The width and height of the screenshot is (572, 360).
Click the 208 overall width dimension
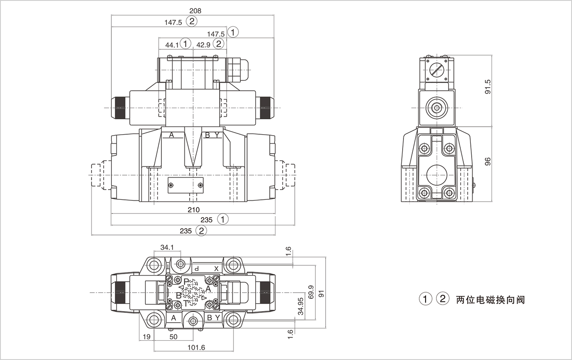(195, 11)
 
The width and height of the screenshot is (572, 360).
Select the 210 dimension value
(194, 209)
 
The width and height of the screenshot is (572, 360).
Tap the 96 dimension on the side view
(487, 162)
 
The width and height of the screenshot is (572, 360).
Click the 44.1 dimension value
(172, 44)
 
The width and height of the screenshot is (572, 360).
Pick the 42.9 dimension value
(203, 44)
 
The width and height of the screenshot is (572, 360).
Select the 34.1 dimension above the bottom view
(167, 247)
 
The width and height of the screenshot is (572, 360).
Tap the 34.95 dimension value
(301, 306)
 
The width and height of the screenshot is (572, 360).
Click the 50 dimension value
(173, 337)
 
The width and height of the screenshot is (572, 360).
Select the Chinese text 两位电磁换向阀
(491, 300)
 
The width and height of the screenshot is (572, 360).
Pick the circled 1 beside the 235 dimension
(224, 219)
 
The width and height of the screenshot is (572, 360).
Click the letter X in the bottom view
(216, 268)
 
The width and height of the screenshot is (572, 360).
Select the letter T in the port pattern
(186, 303)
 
